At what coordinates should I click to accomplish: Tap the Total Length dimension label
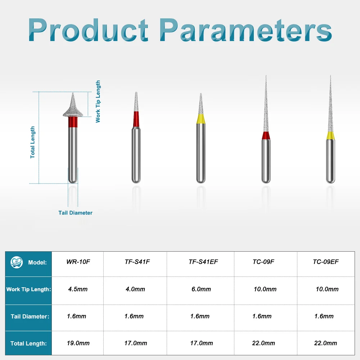(33, 142)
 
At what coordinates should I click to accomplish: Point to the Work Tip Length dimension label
(98, 102)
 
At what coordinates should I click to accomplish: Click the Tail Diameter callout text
(75, 213)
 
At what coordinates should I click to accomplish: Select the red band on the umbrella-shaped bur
(73, 122)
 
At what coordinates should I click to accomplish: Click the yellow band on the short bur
(201, 118)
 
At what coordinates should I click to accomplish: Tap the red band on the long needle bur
(266, 136)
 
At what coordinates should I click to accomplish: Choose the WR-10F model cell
(78, 262)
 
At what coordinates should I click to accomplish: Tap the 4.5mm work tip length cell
(78, 289)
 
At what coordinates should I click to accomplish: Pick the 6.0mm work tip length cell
(201, 289)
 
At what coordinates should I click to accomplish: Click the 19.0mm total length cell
(78, 343)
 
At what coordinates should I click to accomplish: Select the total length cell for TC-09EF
(325, 343)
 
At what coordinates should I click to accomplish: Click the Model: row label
(37, 262)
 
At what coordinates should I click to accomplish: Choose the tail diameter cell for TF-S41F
(134, 316)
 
